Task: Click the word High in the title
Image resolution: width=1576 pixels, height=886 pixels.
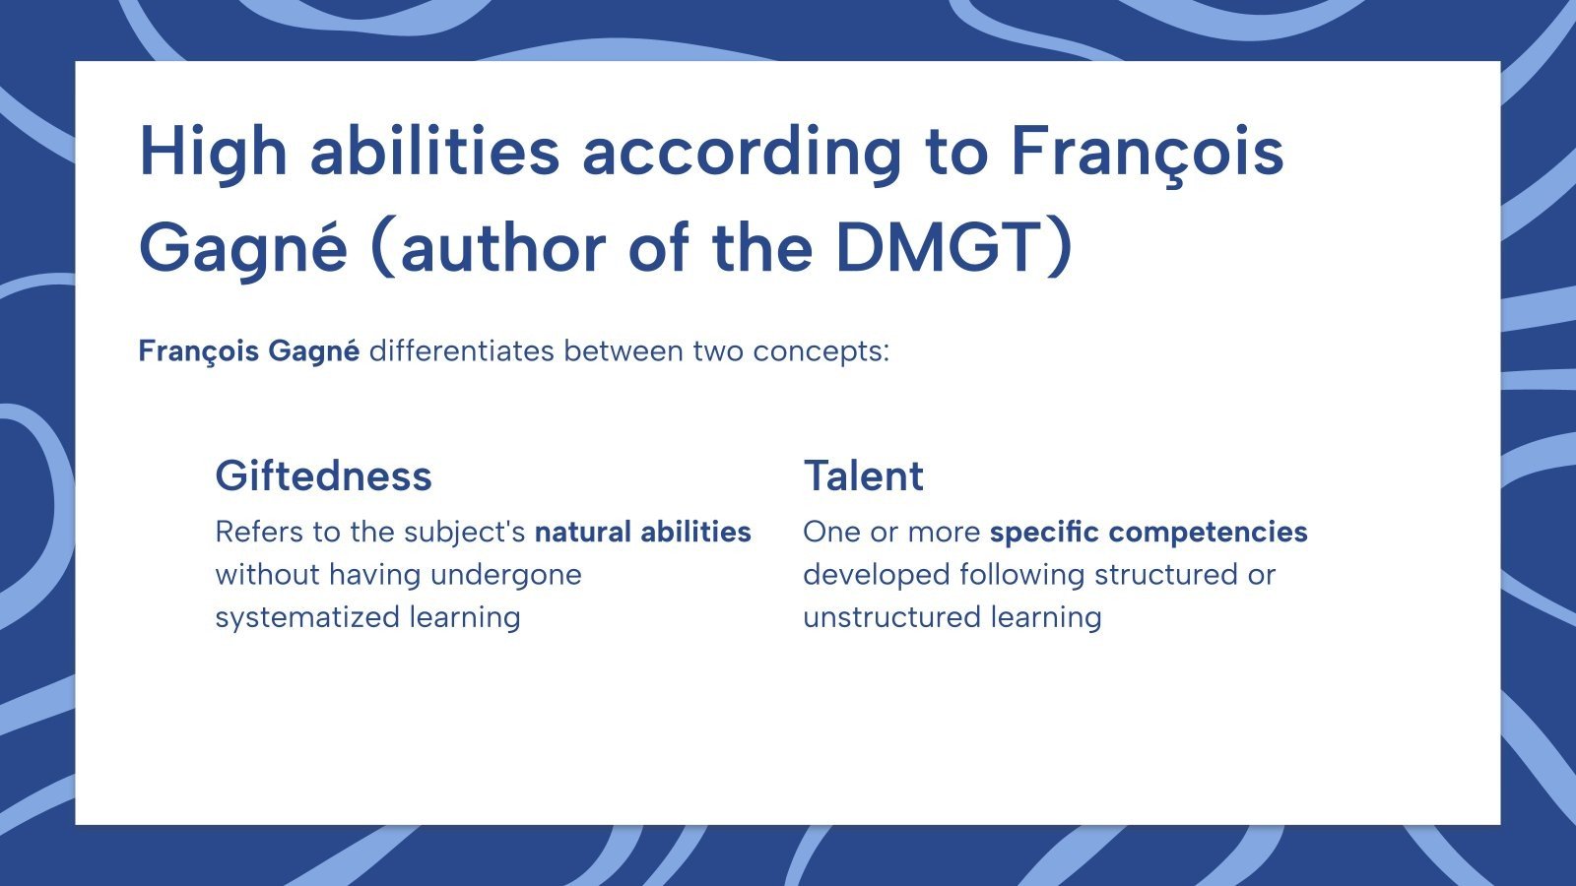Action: [x=213, y=153]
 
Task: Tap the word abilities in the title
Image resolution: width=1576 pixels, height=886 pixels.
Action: [x=434, y=153]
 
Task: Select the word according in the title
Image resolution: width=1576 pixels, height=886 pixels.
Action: [x=741, y=153]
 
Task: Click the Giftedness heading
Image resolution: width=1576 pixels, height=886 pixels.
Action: [x=323, y=476]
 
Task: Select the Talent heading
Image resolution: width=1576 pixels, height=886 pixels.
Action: [x=863, y=476]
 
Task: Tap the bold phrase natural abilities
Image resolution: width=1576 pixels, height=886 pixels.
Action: [x=642, y=532]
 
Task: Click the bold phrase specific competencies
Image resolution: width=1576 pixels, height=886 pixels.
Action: [x=1149, y=532]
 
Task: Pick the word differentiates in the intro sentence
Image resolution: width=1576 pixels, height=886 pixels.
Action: [x=461, y=351]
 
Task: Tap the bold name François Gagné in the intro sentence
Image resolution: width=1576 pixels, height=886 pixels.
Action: [x=248, y=351]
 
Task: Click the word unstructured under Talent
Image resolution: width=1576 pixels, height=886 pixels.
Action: [x=892, y=617]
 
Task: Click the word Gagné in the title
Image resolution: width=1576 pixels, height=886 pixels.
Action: [x=242, y=247]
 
